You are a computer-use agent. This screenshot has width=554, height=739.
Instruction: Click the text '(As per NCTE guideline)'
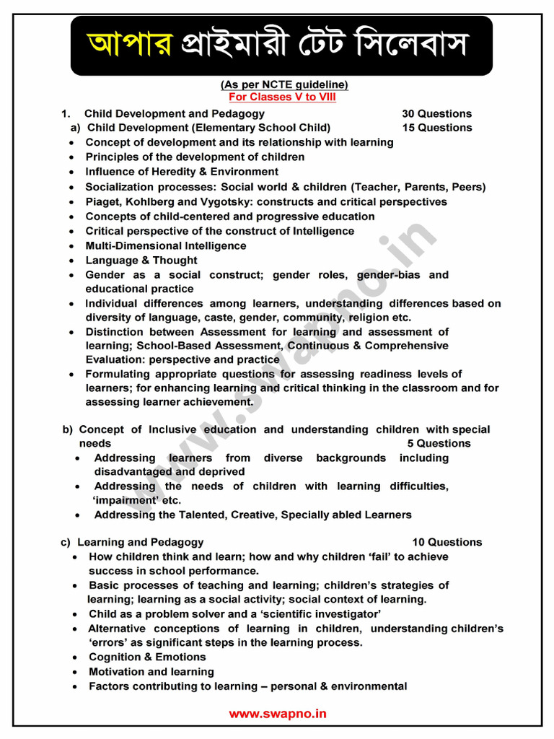284,84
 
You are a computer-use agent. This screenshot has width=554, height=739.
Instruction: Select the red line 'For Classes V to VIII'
282,97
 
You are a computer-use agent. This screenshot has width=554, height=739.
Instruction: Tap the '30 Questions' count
436,113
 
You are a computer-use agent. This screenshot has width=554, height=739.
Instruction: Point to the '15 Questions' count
436,128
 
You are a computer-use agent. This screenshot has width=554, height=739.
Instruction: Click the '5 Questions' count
439,443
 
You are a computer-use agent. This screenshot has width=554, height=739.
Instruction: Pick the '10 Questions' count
447,542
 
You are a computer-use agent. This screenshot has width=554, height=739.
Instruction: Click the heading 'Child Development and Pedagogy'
174,113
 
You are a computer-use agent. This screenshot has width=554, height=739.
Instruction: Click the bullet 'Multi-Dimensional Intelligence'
165,245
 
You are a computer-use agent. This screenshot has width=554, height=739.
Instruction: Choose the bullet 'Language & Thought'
141,261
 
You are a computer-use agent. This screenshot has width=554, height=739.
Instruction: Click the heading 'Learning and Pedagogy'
140,542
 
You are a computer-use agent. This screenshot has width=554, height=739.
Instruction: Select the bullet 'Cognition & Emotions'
147,657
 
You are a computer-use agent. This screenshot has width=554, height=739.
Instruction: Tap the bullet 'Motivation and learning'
151,672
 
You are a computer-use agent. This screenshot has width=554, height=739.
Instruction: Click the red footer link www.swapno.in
278,714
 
